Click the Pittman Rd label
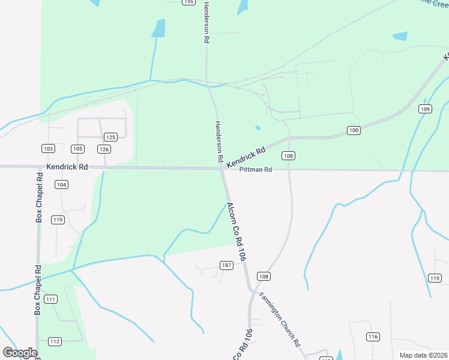pos(256,170)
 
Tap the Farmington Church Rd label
pos(280,319)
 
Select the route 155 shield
pos(189,2)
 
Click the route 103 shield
pos(49,149)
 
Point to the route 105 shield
pos(77,149)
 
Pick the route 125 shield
pos(110,137)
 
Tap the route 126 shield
pos(104,149)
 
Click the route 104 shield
pos(61,185)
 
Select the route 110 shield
pos(58,220)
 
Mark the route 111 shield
pos(51,299)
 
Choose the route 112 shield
pos(55,341)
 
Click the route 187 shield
pos(226,265)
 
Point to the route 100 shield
pos(354,130)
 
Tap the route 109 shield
pos(425,109)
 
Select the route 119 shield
pos(435,278)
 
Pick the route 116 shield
pos(373,337)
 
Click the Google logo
pos(20,353)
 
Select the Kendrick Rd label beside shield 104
pos(67,166)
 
